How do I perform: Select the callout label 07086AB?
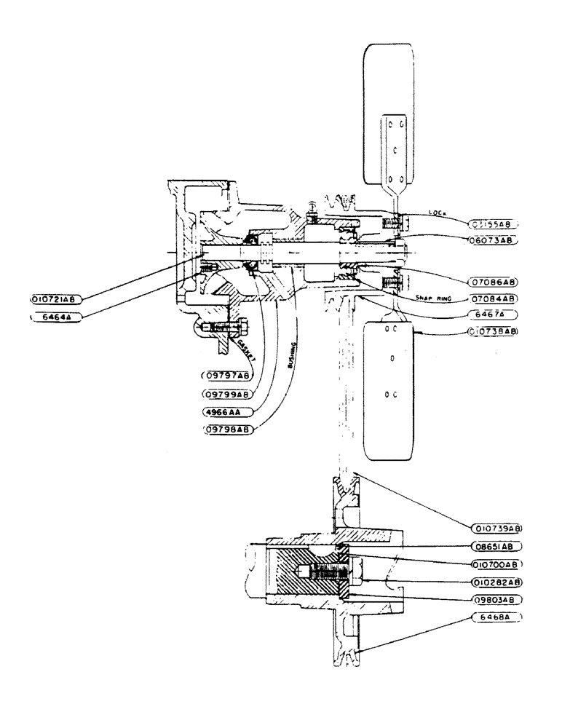coord(493,280)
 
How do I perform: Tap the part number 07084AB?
coord(493,298)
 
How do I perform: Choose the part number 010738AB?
coord(493,331)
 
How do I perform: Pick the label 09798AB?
coord(227,430)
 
